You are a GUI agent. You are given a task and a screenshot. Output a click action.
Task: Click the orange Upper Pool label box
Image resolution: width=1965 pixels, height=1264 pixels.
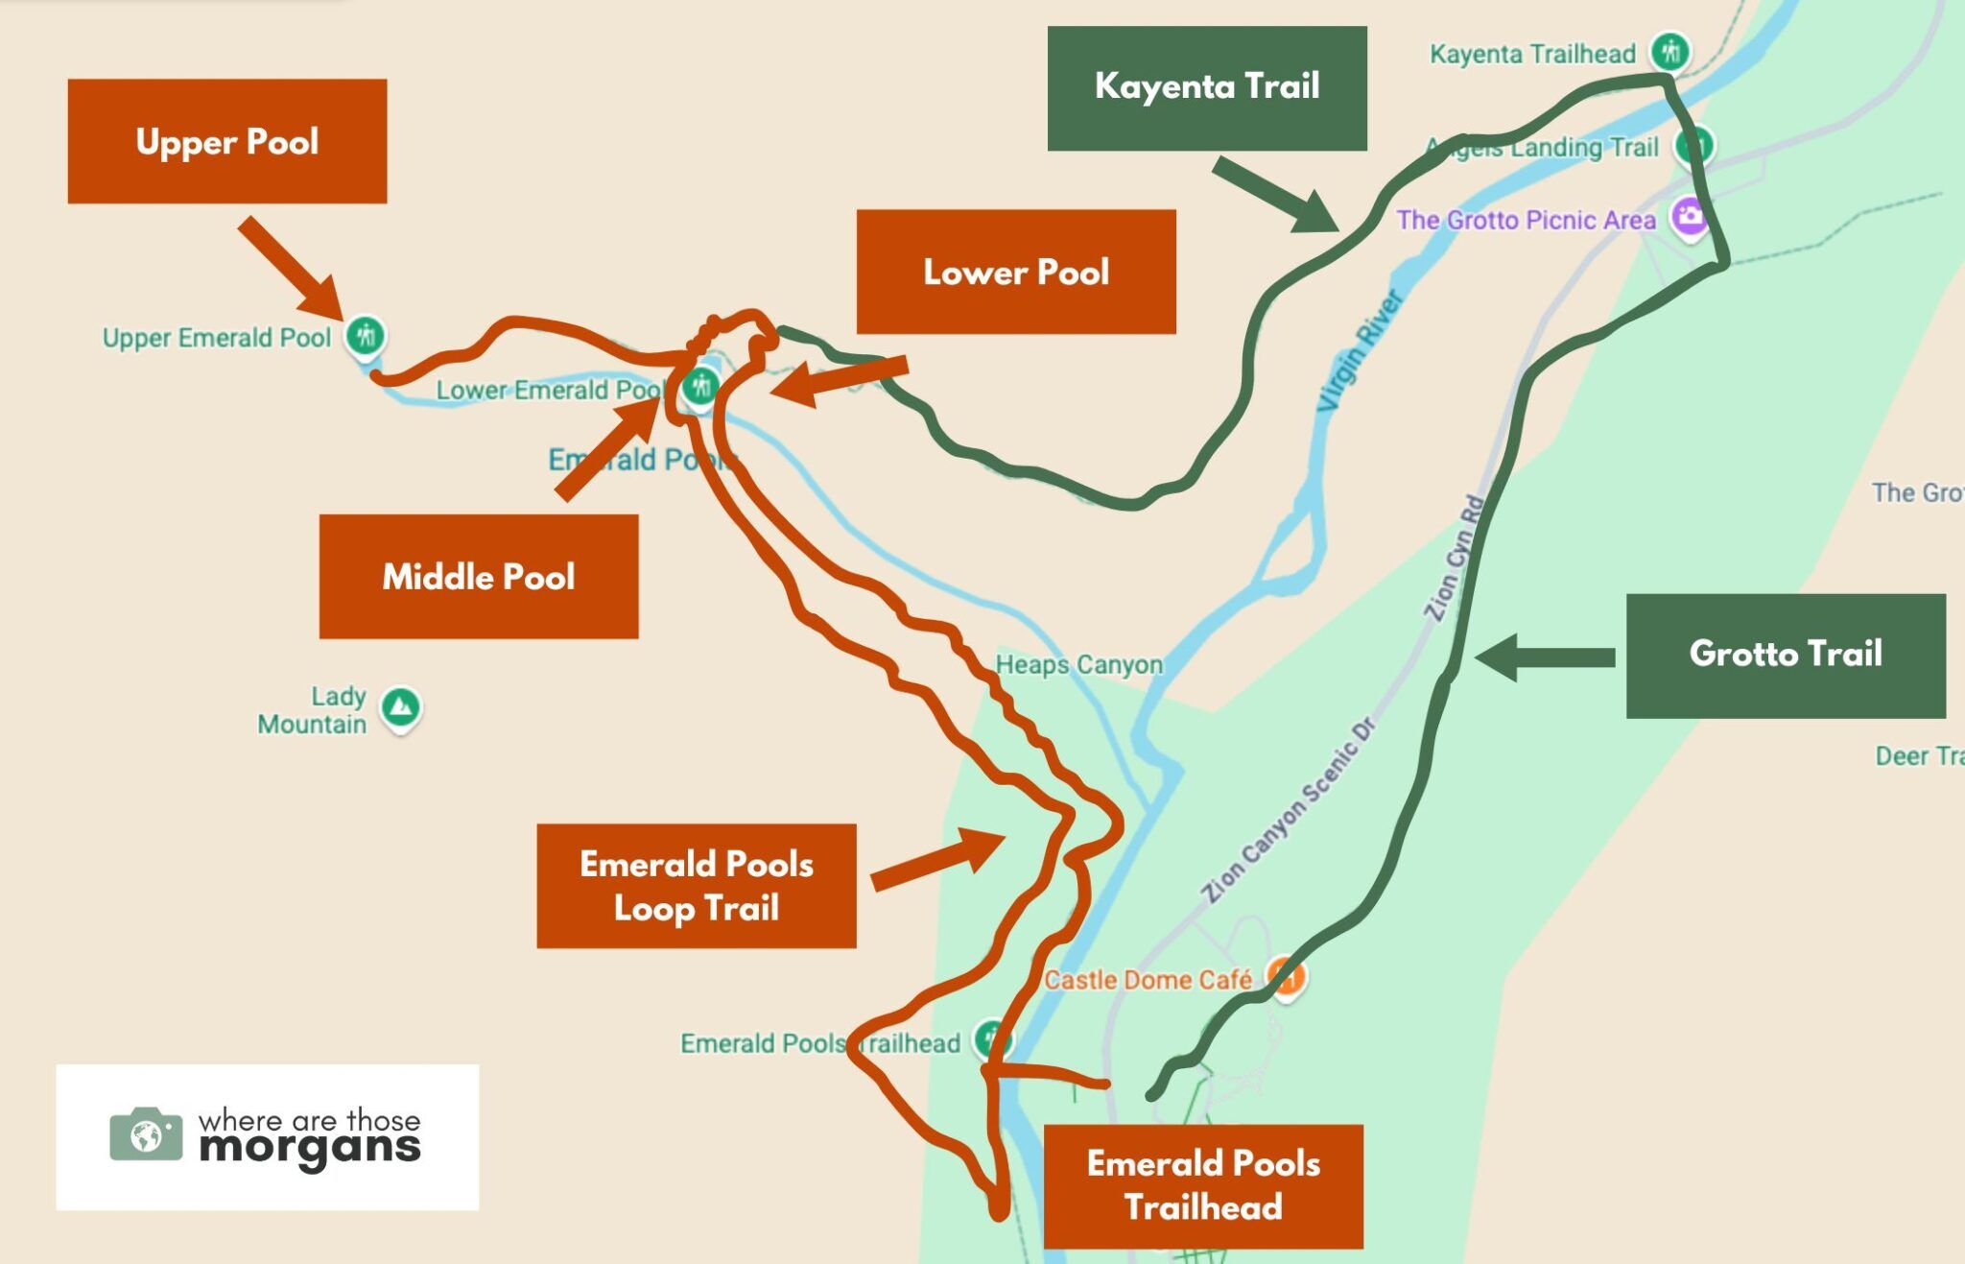pos(227,141)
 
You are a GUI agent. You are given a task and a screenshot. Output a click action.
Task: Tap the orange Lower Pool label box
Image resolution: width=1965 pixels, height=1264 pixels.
pos(1016,272)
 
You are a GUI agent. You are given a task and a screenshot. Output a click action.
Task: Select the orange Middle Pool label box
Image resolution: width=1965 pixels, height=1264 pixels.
pos(479,576)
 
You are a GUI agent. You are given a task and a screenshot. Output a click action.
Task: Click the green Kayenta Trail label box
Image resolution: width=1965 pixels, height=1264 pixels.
pos(1207,87)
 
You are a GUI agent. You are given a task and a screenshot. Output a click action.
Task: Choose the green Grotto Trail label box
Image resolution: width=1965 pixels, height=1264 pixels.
pos(1786,656)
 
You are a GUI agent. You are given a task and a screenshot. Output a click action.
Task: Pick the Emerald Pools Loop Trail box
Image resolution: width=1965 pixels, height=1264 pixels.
pos(696,886)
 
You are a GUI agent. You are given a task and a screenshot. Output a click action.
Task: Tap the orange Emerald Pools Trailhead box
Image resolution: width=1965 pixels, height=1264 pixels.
pos(1203,1185)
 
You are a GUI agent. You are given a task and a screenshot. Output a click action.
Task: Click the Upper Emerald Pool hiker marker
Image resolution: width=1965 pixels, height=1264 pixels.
pos(366,336)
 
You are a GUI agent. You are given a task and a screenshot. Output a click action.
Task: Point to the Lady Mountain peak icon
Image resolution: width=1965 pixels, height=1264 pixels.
pos(400,707)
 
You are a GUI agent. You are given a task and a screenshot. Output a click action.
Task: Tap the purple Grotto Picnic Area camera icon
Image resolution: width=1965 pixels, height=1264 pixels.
pos(1690,216)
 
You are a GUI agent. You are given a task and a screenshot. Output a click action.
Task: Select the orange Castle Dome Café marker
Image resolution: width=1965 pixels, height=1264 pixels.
pos(1286,978)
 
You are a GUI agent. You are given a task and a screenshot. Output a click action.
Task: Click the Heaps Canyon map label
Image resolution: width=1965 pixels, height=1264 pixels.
pos(1078,664)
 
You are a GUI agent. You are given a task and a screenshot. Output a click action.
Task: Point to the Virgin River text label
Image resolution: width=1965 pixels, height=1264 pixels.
pos(1361,351)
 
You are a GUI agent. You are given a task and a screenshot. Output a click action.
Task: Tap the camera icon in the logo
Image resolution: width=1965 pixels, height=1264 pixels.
pos(146,1135)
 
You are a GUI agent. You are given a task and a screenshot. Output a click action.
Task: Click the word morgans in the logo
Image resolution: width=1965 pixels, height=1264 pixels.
pos(310,1148)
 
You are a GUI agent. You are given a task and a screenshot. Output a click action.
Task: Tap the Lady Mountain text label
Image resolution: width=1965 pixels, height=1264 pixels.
pos(313,709)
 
